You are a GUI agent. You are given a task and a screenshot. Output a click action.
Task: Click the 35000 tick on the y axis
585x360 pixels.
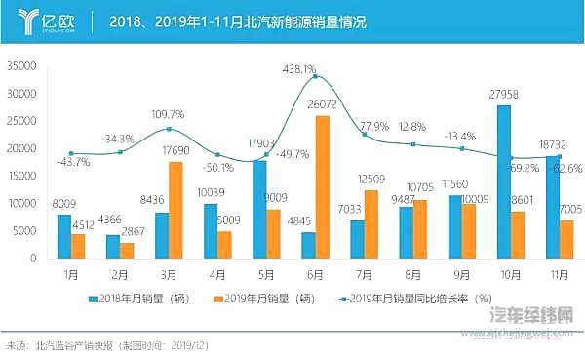click(20, 66)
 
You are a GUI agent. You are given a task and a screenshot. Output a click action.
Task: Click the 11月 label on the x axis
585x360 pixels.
click(557, 275)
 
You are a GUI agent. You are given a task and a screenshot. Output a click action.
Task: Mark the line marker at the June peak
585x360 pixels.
click(314, 76)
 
